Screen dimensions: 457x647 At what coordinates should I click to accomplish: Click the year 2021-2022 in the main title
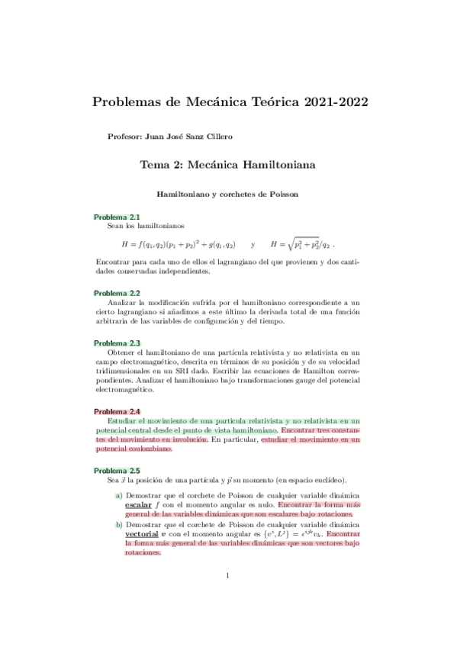tap(331, 101)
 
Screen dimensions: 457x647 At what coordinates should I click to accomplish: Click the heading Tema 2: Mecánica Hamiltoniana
tap(228, 164)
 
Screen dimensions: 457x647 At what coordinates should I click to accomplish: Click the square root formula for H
tap(302, 245)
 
